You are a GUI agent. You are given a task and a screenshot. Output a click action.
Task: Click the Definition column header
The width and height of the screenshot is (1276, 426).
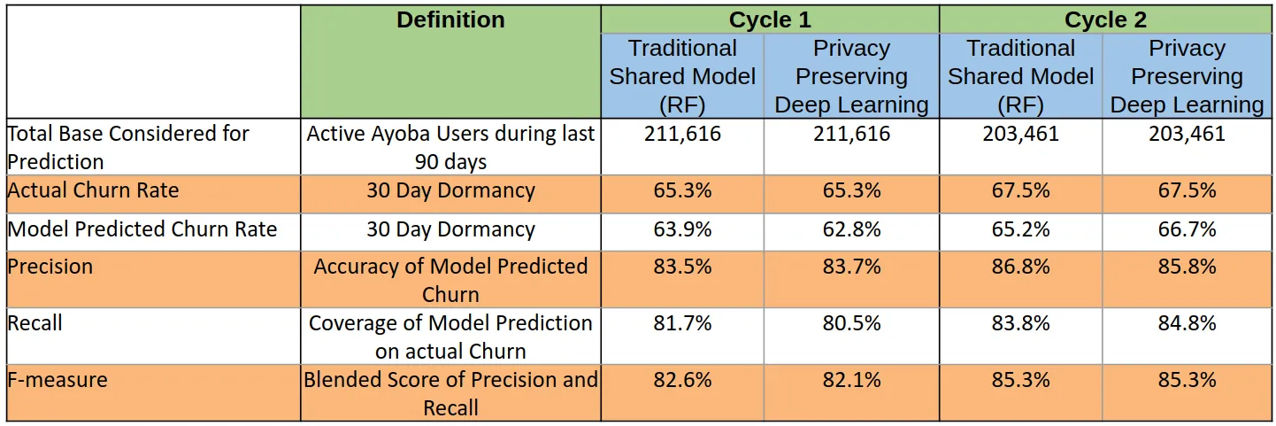click(450, 20)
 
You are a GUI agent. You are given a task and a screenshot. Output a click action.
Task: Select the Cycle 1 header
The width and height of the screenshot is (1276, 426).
click(770, 20)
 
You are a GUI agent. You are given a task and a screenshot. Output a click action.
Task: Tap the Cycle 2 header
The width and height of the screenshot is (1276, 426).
click(1105, 20)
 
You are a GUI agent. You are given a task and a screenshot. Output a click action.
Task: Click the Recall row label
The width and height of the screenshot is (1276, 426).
click(35, 323)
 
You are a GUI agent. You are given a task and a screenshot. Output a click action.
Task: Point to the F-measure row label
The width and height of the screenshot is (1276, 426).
click(58, 380)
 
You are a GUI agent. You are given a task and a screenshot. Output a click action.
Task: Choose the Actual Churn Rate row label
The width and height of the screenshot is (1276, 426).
click(93, 190)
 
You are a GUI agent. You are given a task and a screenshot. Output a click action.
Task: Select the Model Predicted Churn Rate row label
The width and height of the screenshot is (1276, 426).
click(142, 229)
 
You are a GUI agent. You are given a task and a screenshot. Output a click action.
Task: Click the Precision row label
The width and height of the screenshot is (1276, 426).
click(50, 267)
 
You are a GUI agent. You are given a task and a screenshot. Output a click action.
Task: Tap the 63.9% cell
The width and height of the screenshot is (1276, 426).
click(682, 229)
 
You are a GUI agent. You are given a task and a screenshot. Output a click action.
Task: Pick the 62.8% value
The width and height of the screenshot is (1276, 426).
click(851, 229)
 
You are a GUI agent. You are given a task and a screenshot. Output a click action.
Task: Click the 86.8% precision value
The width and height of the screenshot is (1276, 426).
click(1021, 267)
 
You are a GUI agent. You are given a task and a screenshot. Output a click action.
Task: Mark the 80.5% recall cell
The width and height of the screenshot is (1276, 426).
click(851, 323)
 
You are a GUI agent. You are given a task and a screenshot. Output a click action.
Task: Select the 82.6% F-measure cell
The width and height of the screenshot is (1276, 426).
click(682, 380)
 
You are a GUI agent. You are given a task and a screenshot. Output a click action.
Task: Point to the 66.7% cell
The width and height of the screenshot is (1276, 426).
click(1188, 229)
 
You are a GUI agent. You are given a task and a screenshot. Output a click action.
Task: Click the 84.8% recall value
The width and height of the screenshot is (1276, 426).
click(1188, 323)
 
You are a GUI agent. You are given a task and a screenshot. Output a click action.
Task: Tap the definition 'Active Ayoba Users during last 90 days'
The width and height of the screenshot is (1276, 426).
click(450, 148)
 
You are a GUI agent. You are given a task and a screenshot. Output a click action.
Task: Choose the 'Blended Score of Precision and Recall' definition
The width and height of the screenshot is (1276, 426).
click(450, 394)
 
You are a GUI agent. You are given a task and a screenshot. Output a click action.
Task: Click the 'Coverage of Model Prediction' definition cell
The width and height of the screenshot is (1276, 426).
click(450, 337)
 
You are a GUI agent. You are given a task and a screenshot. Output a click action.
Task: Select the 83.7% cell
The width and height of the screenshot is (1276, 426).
click(851, 267)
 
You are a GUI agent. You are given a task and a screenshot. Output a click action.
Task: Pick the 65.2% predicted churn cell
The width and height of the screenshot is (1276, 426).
click(1021, 229)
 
